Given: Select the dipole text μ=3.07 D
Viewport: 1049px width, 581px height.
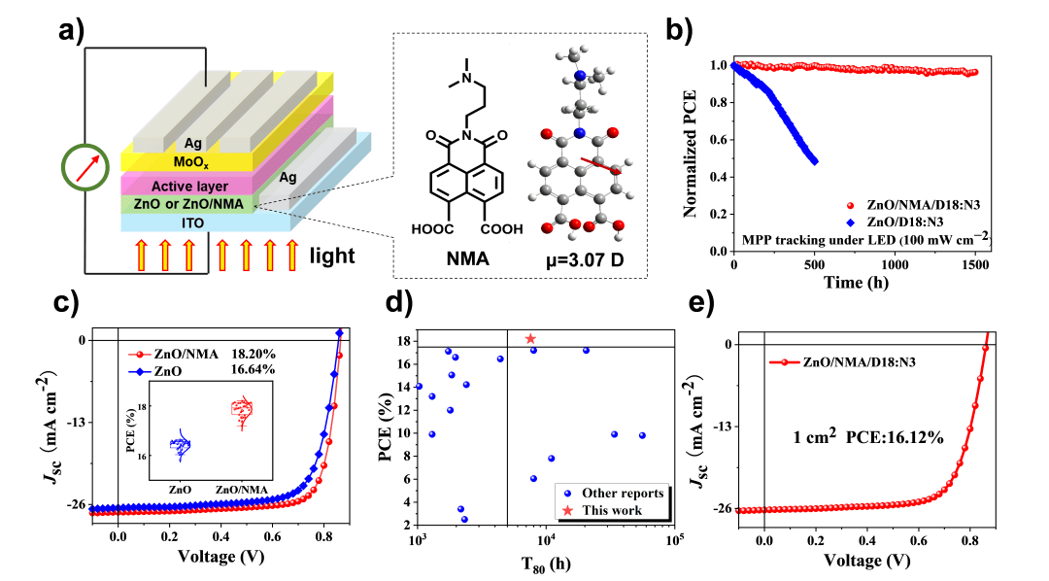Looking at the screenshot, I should coord(573,260).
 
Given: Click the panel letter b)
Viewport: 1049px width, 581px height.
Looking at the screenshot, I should coord(679,30).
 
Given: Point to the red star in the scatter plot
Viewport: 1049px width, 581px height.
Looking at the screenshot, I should coord(529,338).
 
